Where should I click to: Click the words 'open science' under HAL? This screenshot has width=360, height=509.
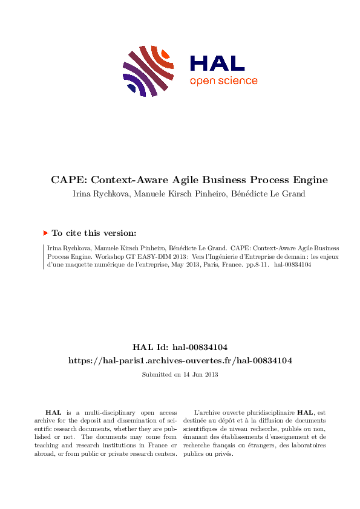[223, 81]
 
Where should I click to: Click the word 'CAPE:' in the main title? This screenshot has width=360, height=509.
[68, 180]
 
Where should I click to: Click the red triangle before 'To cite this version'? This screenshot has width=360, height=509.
[45, 233]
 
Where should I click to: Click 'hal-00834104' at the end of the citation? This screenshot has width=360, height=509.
[293, 265]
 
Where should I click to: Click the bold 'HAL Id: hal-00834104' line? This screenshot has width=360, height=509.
[180, 347]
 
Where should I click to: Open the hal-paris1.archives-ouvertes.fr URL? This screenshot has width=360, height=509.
[180, 360]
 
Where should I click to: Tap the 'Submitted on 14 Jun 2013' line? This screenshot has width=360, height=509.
[180, 375]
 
